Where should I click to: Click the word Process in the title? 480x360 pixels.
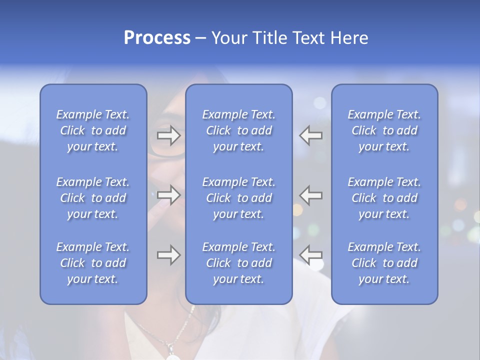tap(157, 38)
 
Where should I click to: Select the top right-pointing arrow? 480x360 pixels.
tap(168, 135)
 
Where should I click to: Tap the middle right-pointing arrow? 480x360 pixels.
tap(168, 195)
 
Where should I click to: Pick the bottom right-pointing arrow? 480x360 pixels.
tap(168, 255)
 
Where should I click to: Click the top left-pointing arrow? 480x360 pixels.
tap(311, 135)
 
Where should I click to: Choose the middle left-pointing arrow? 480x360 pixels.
tap(311, 195)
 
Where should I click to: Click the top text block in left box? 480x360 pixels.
tap(93, 130)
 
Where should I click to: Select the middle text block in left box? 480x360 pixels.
tap(93, 198)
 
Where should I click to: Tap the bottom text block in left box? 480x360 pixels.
tap(93, 263)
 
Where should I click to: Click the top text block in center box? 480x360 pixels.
tap(238, 130)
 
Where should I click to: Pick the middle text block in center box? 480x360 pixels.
tap(238, 198)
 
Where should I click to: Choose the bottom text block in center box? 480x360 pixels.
tap(238, 263)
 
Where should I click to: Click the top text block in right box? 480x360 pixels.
tap(384, 130)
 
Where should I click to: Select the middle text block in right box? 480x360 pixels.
tap(384, 198)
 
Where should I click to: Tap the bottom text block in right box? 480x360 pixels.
tap(384, 263)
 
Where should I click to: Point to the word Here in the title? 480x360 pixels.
tap(349, 38)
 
